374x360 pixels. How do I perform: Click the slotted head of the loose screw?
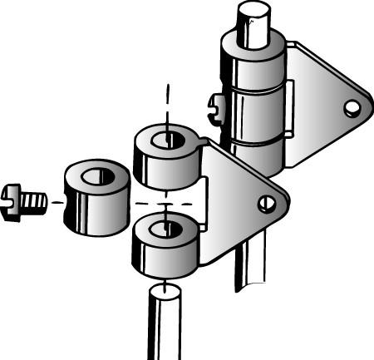point(11,201)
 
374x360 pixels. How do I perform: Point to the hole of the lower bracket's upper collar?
point(168,138)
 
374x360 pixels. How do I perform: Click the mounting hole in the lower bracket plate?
point(267,202)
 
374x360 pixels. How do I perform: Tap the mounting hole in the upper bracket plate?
point(352,106)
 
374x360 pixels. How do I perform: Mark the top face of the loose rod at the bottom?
point(165,292)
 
